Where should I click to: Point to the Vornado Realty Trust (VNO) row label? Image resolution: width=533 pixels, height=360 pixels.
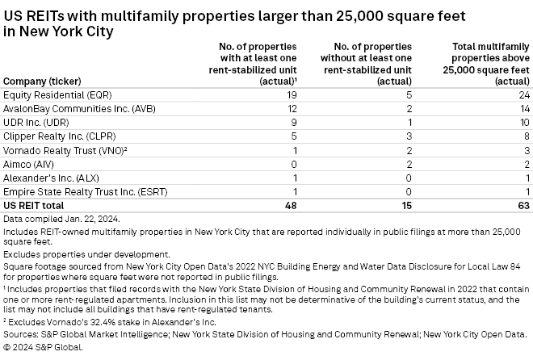(55, 149)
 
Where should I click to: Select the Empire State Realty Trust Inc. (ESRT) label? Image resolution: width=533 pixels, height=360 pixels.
(74, 190)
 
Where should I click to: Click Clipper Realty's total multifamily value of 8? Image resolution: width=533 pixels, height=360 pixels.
(526, 135)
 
